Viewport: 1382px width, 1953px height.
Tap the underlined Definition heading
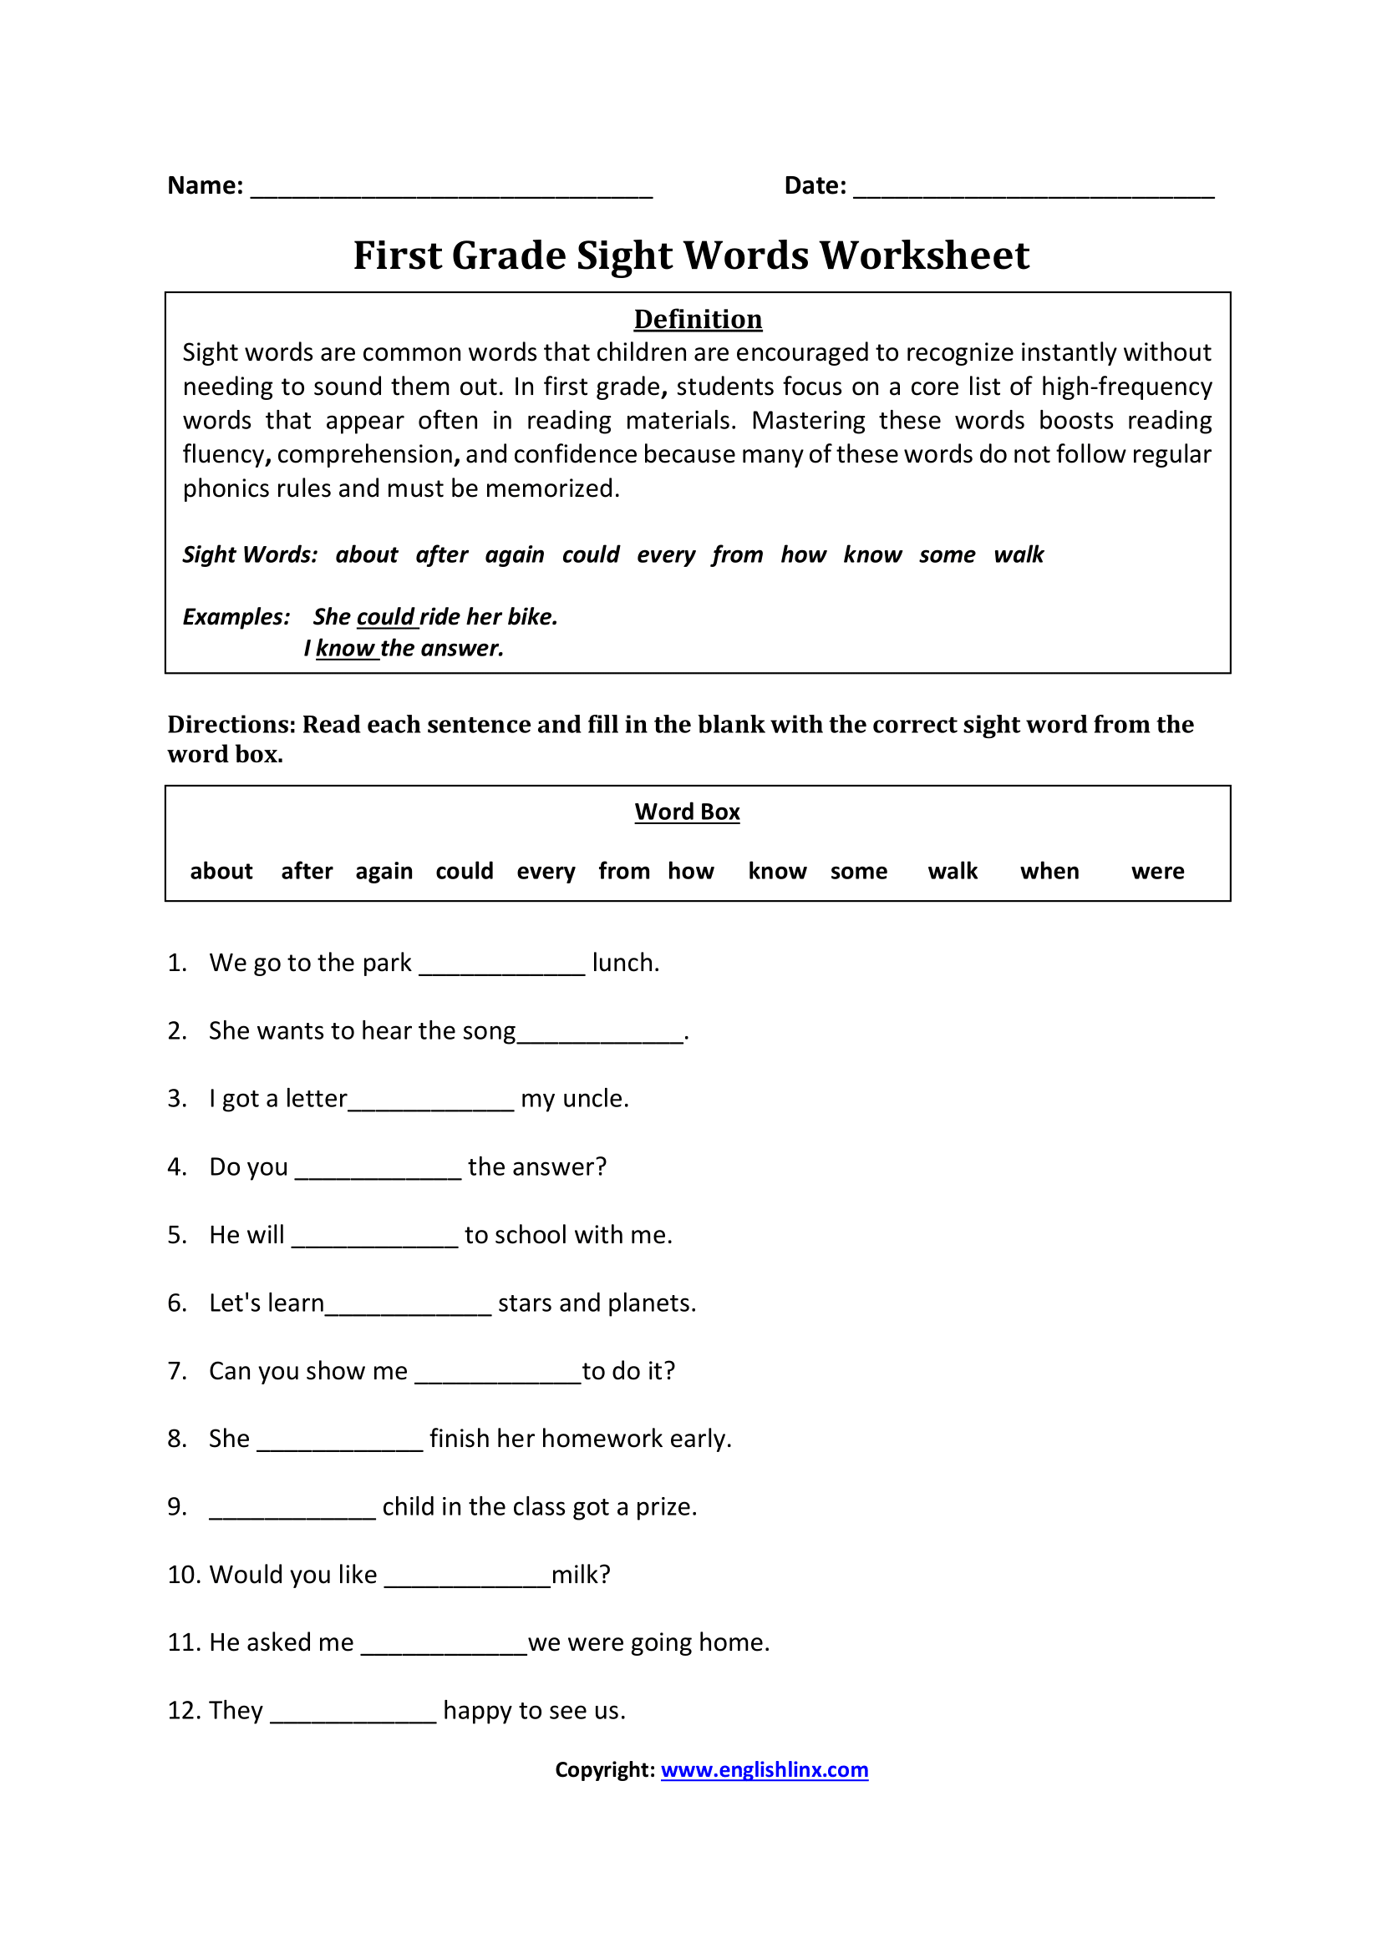pyautogui.click(x=698, y=319)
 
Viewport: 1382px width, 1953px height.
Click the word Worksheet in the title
pyautogui.click(x=923, y=256)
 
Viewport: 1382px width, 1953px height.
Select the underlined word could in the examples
pyautogui.click(x=385, y=617)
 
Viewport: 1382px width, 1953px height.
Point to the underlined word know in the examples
pyautogui.click(x=346, y=648)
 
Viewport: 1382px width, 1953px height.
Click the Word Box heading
pyautogui.click(x=687, y=812)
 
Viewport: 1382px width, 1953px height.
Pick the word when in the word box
pyautogui.click(x=1049, y=871)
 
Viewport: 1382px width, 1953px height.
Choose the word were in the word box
pyautogui.click(x=1157, y=871)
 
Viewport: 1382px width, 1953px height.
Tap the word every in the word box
pyautogui.click(x=546, y=872)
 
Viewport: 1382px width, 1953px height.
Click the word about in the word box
pyautogui.click(x=221, y=871)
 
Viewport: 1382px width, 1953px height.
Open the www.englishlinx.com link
pyautogui.click(x=765, y=1770)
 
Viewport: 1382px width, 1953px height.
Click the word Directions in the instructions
pyautogui.click(x=231, y=724)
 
